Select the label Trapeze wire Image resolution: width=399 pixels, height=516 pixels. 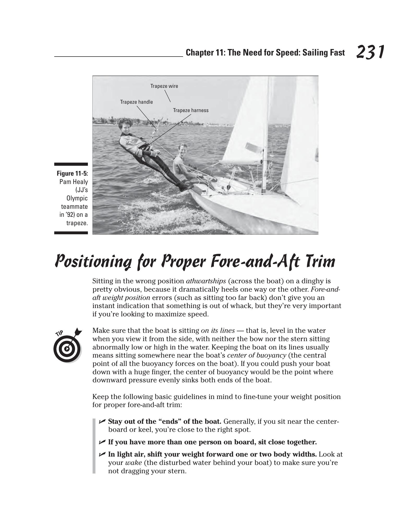pos(164,86)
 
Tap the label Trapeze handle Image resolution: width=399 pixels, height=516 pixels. pos(136,102)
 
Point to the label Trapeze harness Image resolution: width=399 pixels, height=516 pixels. pos(191,110)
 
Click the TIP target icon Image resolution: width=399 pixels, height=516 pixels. pos(68,345)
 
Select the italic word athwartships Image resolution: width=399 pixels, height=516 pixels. pos(206,281)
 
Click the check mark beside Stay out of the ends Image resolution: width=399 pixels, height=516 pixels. pos(102,421)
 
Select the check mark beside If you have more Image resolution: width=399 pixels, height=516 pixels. pos(102,442)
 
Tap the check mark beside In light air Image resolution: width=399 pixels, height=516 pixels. pos(102,454)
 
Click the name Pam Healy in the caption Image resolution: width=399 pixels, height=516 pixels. pos(74,182)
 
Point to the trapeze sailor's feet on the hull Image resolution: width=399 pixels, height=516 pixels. pos(186,186)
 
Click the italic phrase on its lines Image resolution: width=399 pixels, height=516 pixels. pos(218,331)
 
